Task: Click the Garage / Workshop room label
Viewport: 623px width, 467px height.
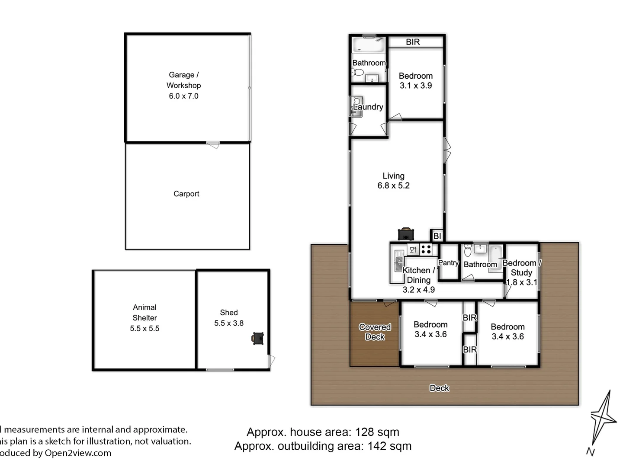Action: pyautogui.click(x=183, y=85)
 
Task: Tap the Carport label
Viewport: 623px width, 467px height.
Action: pyautogui.click(x=186, y=194)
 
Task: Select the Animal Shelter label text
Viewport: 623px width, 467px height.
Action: pyautogui.click(x=145, y=318)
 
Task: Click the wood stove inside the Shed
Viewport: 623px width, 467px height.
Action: pyautogui.click(x=258, y=338)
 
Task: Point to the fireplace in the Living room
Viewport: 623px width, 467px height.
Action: pyautogui.click(x=406, y=234)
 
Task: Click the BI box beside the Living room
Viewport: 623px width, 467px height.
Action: pyautogui.click(x=437, y=236)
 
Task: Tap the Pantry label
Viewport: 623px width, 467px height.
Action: pyautogui.click(x=448, y=262)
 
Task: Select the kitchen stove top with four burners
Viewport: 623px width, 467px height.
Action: pyautogui.click(x=426, y=249)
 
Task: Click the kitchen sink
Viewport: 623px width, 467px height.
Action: pyautogui.click(x=398, y=263)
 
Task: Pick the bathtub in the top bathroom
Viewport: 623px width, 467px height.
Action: pyautogui.click(x=368, y=45)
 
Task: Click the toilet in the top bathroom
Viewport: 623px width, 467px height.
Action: pyautogui.click(x=357, y=72)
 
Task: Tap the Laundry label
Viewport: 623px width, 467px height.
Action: pyautogui.click(x=368, y=107)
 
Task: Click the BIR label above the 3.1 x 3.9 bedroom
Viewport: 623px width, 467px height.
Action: pyautogui.click(x=413, y=42)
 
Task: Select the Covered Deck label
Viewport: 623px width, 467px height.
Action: pyautogui.click(x=375, y=332)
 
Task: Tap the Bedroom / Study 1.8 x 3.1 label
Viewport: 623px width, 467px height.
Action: pyautogui.click(x=521, y=272)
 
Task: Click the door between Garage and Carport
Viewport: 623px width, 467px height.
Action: pyautogui.click(x=212, y=145)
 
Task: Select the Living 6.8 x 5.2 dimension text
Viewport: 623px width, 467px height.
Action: pyautogui.click(x=393, y=186)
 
